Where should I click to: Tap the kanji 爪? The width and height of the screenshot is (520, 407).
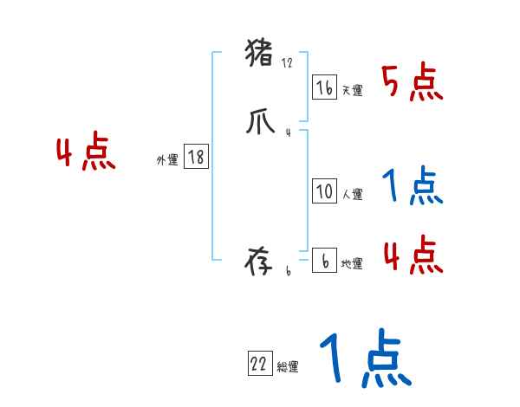click(x=260, y=122)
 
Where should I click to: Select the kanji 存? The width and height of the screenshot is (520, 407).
click(x=261, y=262)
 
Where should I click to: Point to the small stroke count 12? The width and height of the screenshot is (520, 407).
click(x=288, y=63)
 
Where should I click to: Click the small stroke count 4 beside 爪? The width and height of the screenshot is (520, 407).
click(x=288, y=132)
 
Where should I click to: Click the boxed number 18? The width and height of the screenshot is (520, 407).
click(x=196, y=157)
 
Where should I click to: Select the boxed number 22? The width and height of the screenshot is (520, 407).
click(x=259, y=365)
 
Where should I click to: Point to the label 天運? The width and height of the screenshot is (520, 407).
click(x=352, y=90)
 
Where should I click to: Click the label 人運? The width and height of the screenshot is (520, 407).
click(x=352, y=195)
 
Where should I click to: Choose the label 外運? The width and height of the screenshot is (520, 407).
click(x=167, y=160)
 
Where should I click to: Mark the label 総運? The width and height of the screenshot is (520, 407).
click(x=288, y=368)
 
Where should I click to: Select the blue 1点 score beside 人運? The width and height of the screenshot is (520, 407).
click(x=412, y=185)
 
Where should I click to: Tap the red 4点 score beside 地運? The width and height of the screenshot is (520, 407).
click(x=412, y=255)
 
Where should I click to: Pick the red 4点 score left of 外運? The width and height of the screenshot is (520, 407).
click(x=86, y=153)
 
